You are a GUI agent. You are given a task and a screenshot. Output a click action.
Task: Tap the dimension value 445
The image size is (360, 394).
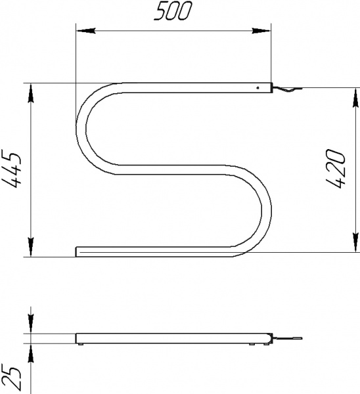[x=14, y=170]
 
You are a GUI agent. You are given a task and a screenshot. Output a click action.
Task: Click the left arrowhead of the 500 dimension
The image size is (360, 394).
[x=83, y=30]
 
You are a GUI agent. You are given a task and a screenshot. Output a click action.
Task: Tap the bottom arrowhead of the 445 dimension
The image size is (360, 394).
[x=31, y=250]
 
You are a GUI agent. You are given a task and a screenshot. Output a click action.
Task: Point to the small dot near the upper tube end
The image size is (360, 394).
[x=258, y=87]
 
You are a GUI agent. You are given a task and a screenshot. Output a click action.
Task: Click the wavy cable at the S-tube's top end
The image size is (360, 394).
[x=286, y=90]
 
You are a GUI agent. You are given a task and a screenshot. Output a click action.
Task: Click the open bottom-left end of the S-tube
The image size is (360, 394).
[x=78, y=251]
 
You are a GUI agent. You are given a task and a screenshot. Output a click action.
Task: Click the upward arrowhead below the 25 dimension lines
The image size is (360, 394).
[x=31, y=351]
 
